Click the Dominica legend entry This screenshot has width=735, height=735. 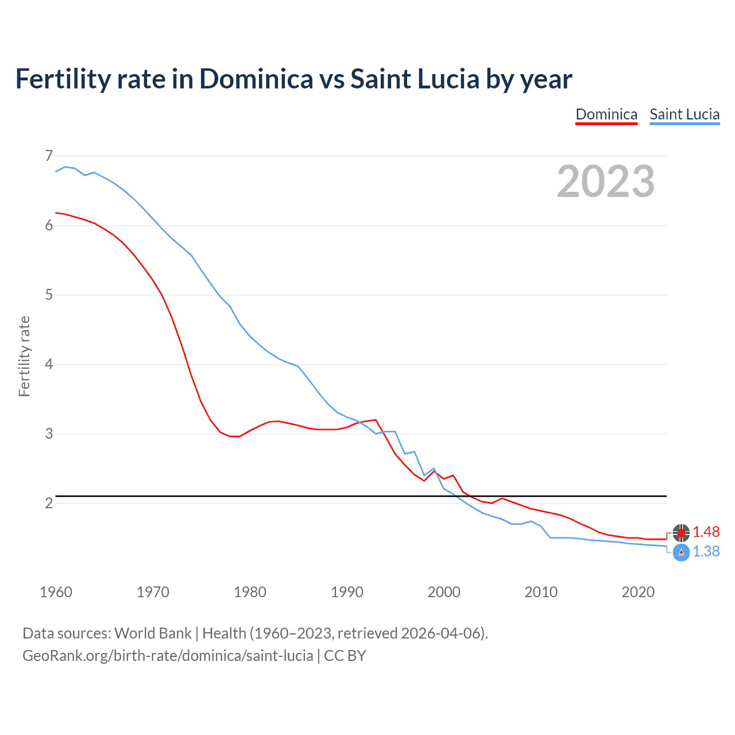click(606, 114)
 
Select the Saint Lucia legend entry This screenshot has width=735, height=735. click(684, 114)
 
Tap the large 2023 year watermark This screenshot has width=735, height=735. click(605, 181)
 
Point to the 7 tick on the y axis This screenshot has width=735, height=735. click(48, 156)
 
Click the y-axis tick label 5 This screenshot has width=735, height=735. click(48, 295)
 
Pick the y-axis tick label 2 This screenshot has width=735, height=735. click(48, 504)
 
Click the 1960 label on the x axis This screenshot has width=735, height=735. click(56, 592)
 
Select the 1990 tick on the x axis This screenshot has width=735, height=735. click(347, 592)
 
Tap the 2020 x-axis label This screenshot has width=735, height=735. click(638, 592)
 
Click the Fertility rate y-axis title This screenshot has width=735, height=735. click(24, 356)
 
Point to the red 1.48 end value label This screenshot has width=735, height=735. click(706, 532)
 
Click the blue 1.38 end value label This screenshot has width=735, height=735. click(706, 552)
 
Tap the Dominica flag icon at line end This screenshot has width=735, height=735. click(681, 533)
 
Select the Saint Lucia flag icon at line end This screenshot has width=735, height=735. click(681, 552)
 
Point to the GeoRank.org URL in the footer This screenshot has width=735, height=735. click(168, 656)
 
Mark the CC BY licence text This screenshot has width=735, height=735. click(345, 656)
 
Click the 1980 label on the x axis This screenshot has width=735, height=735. click(250, 592)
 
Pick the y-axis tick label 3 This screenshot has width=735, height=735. click(48, 434)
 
